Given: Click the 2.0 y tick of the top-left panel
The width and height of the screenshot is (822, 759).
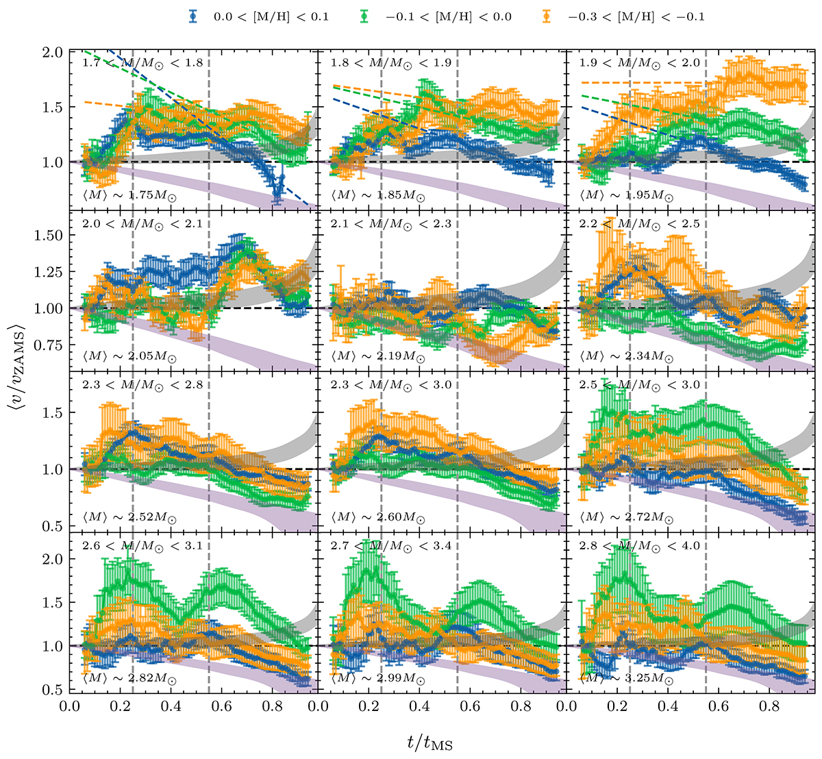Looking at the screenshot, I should coord(55,52).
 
